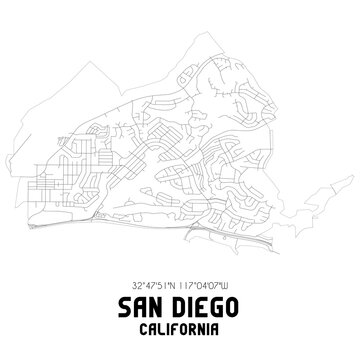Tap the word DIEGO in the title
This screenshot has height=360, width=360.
(x=206, y=300)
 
